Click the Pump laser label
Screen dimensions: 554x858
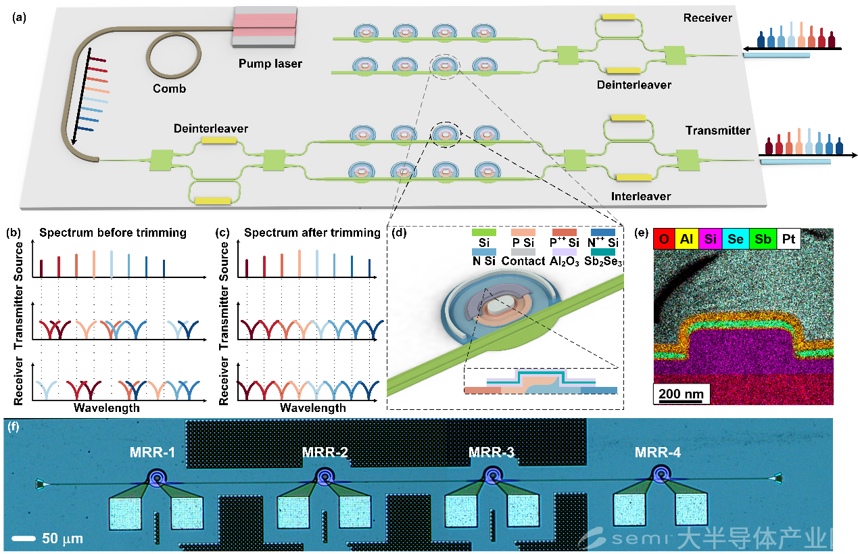pos(270,64)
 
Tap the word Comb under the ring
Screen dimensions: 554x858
pos(169,89)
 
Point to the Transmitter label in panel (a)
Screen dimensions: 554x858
pos(717,131)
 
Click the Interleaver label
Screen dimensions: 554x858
pos(642,196)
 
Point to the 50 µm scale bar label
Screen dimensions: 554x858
pos(62,539)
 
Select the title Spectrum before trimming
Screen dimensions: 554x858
pos(113,233)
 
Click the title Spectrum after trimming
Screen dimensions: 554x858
pos(312,233)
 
